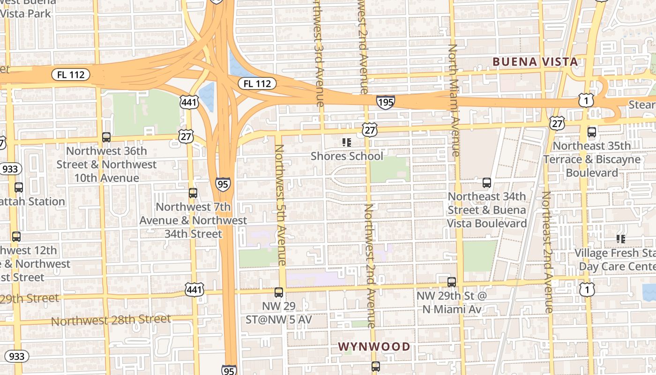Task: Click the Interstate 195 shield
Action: click(x=385, y=102)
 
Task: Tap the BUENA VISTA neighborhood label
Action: click(x=535, y=61)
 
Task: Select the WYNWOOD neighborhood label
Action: click(x=374, y=347)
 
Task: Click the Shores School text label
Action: click(x=347, y=156)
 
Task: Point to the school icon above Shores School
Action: click(x=347, y=142)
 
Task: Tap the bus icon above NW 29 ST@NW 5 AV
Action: click(x=279, y=292)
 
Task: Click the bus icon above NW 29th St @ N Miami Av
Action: click(x=452, y=282)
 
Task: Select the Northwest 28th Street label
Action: click(x=111, y=321)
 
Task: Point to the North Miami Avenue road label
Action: click(x=454, y=100)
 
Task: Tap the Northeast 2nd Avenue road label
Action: click(x=547, y=252)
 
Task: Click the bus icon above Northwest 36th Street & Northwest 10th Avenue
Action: click(x=106, y=137)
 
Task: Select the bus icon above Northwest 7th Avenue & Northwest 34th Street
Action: click(x=193, y=193)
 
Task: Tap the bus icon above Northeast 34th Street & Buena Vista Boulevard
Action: click(x=487, y=183)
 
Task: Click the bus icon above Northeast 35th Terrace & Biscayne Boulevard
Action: click(x=592, y=132)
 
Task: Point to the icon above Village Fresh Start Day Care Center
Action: click(x=621, y=239)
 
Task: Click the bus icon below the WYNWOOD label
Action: click(x=375, y=367)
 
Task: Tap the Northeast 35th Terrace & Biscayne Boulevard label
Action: click(x=592, y=159)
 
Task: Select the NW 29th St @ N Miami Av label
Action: click(x=452, y=303)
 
